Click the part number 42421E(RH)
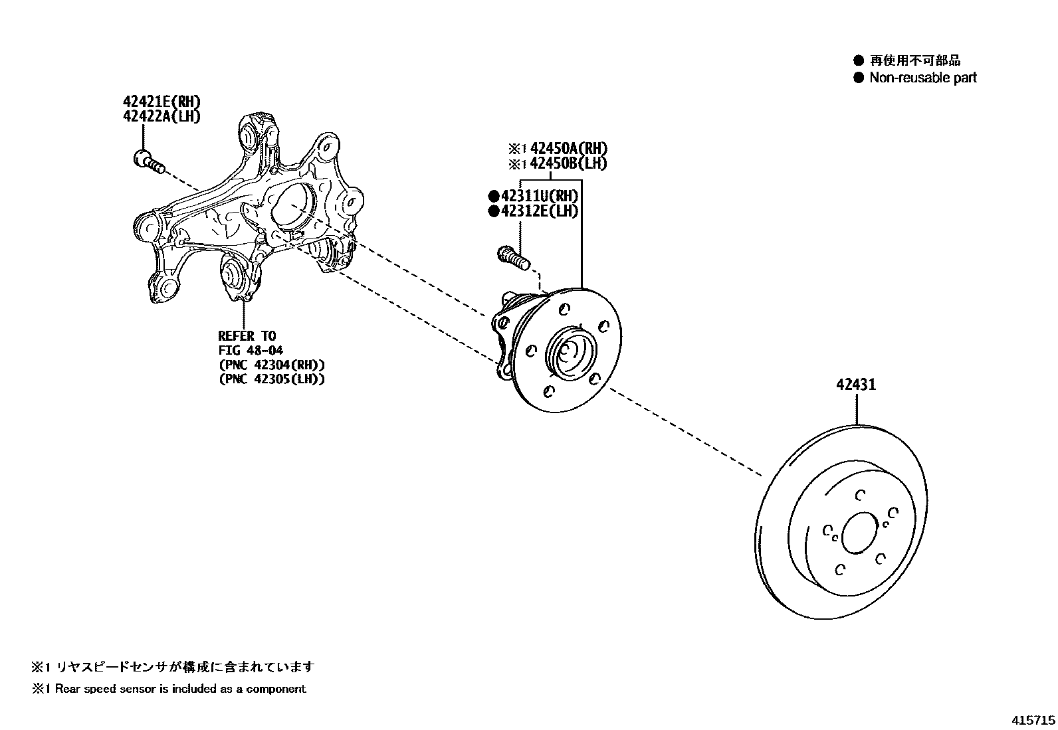point(161,102)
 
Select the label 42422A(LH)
point(161,116)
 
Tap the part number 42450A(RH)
point(568,149)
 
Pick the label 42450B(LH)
point(568,163)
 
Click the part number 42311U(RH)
point(539,196)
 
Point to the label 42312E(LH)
point(539,211)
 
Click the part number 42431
point(856,385)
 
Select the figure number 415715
point(1033,720)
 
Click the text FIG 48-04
point(251,350)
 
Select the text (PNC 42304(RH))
point(271,365)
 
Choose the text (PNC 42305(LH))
point(271,379)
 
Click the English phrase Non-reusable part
point(923,78)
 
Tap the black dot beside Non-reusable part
point(859,78)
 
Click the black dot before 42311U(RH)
point(493,196)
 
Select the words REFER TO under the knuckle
point(247,336)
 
